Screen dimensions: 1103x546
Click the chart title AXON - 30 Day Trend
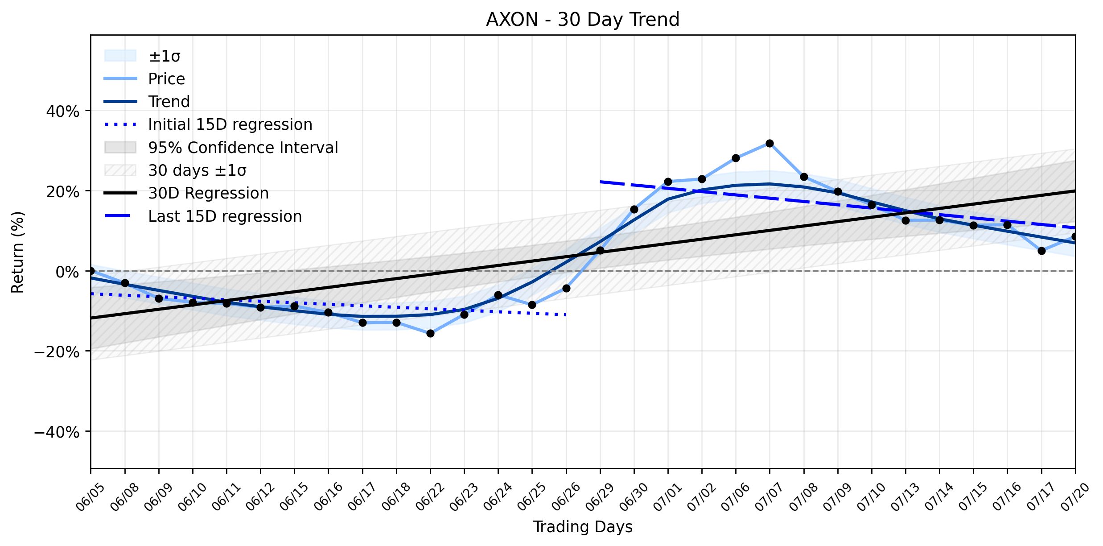pyautogui.click(x=583, y=20)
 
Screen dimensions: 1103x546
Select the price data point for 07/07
pyautogui.click(x=770, y=143)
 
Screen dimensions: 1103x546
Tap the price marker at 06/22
pyautogui.click(x=430, y=333)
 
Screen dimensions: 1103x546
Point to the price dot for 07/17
pyautogui.click(x=1041, y=251)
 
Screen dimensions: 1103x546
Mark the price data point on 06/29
pyautogui.click(x=600, y=250)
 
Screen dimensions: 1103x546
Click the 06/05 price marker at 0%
pyautogui.click(x=91, y=271)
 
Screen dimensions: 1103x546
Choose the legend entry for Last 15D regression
pyautogui.click(x=203, y=216)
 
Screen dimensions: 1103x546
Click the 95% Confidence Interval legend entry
pyautogui.click(x=221, y=148)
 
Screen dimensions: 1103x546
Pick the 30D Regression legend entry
pyautogui.click(x=186, y=193)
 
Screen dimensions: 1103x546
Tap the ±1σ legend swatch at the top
pyautogui.click(x=120, y=56)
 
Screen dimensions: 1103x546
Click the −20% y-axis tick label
pyautogui.click(x=57, y=352)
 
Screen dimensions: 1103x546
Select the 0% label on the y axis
pyautogui.click(x=68, y=272)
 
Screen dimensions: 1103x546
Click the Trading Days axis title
pyautogui.click(x=583, y=527)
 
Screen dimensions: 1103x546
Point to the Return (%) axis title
pyautogui.click(x=18, y=252)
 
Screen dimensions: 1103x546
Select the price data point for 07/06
pyautogui.click(x=736, y=158)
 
